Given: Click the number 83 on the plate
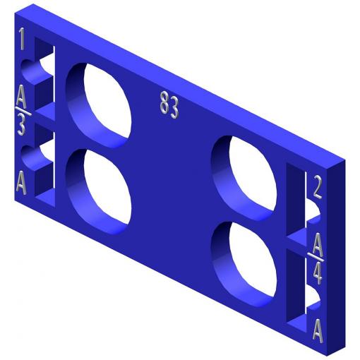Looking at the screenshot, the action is click(169, 105).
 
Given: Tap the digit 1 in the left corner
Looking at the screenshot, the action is click(22, 39).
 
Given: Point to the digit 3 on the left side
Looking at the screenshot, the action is click(21, 126).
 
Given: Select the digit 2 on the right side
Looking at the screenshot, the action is click(317, 187).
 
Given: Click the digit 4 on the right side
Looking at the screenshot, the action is click(318, 273).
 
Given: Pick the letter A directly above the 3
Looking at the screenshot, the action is click(21, 96).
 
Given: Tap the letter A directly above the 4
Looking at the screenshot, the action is click(318, 245).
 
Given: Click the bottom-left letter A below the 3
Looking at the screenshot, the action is click(21, 183).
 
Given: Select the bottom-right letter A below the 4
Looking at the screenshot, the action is click(318, 330).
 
